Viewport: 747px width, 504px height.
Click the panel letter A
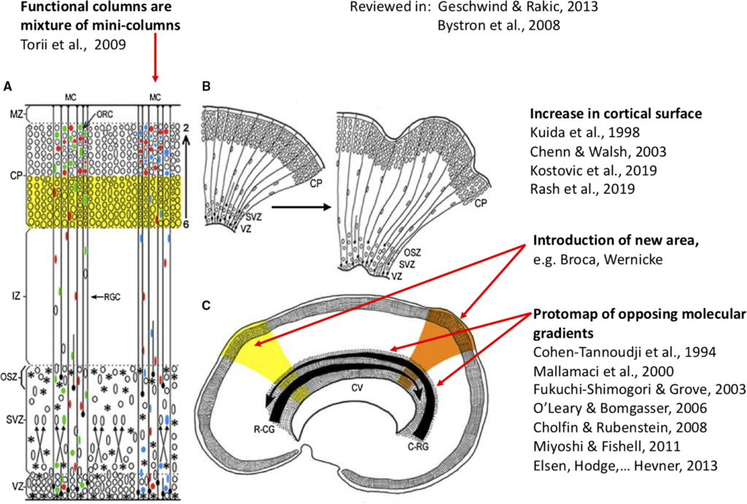[x=7, y=86]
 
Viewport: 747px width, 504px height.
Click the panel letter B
[x=206, y=86]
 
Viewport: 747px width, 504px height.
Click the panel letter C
[x=206, y=302]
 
